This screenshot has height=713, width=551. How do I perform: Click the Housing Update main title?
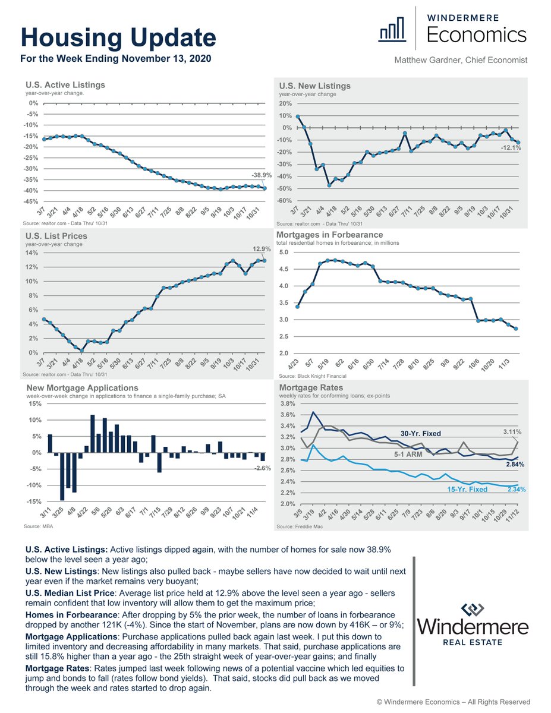click(118, 39)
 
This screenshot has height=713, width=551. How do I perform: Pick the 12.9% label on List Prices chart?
click(253, 248)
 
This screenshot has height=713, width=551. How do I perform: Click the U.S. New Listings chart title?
click(315, 86)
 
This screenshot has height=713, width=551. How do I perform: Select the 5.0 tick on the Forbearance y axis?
click(283, 253)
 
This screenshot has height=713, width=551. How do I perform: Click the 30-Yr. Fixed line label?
click(420, 433)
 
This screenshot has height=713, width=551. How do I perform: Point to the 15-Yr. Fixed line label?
click(467, 490)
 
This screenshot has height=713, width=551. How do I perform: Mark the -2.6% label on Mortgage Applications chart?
click(262, 468)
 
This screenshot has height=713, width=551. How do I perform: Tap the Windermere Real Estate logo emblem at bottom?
click(473, 610)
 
